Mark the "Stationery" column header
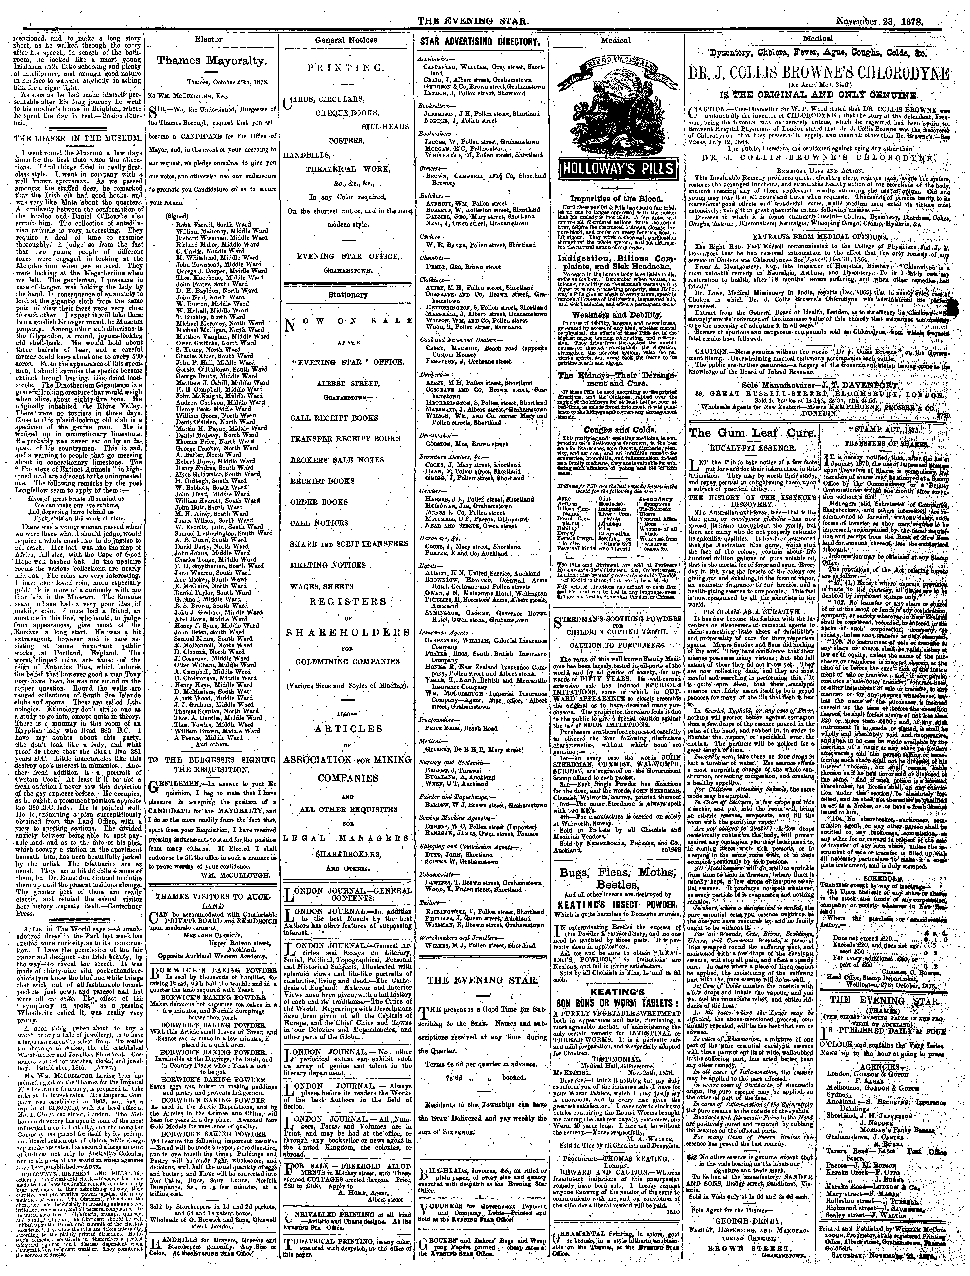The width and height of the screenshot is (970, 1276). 350,295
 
